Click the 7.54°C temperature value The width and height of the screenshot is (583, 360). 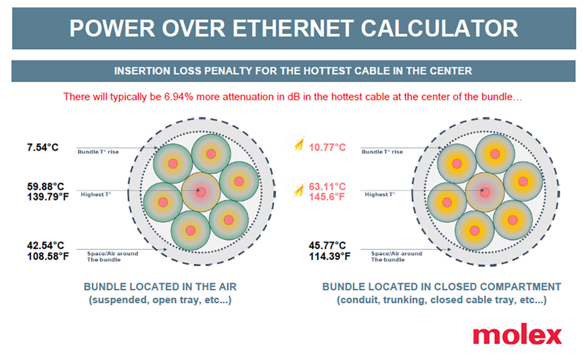[43, 148]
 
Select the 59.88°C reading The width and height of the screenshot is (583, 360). [46, 187]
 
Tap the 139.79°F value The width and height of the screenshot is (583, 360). [48, 197]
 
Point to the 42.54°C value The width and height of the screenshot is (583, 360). [46, 246]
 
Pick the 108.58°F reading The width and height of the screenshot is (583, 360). [48, 256]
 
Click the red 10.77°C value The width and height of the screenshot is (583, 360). [327, 148]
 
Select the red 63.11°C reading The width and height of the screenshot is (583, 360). [327, 187]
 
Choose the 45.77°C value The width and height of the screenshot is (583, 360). [327, 246]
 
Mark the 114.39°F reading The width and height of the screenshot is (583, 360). [330, 256]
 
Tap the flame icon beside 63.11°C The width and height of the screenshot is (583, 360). [298, 189]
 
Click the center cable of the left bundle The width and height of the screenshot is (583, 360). [200, 192]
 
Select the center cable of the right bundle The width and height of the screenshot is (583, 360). [485, 192]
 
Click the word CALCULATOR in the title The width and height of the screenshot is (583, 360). [440, 28]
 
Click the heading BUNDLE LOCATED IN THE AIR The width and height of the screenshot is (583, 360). [160, 287]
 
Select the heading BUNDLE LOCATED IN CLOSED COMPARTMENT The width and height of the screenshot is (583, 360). [442, 287]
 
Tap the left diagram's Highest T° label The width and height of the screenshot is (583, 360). [96, 195]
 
